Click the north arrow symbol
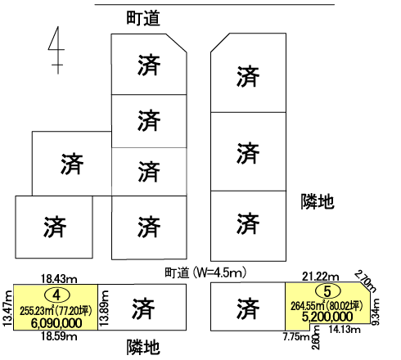coord(57,50)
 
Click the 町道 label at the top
coord(143,18)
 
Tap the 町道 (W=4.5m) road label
coord(206,272)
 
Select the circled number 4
coord(56,295)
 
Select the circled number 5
coord(327,291)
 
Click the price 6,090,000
coord(56,323)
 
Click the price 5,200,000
coord(327,317)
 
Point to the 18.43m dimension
coord(59,279)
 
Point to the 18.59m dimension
coord(59,336)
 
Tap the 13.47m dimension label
coord(7,308)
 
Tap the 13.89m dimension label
coord(104,308)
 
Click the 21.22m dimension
coord(321,277)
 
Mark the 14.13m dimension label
coord(345,329)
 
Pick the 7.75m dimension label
coord(296,336)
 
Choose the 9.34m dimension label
coord(376,312)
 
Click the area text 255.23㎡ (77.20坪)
coord(56,311)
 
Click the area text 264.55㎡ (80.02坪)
coord(327,306)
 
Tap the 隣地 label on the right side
coord(318,201)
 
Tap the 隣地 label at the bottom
coord(143,347)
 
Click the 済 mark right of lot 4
coord(142,308)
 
